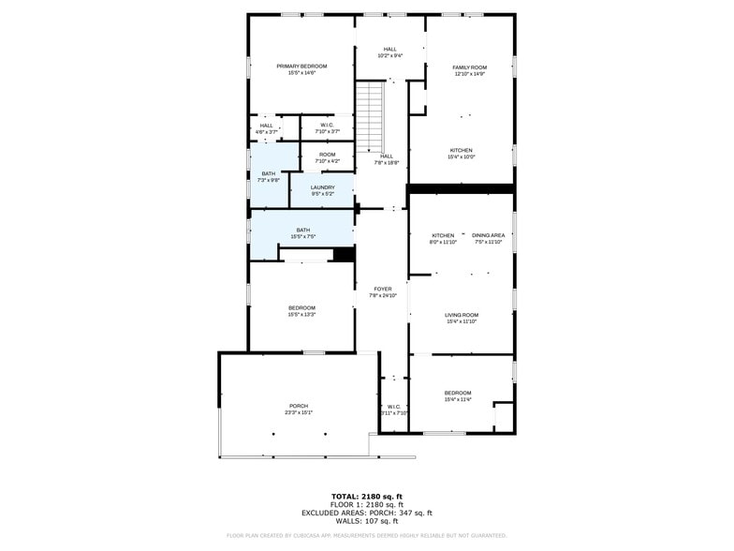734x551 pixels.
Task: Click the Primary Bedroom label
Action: (301, 66)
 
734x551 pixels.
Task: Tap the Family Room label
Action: (470, 67)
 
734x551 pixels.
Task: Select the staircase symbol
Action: (371, 116)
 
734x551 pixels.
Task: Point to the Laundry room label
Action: (322, 187)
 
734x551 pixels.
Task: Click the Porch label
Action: (298, 406)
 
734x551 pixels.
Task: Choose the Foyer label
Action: (382, 289)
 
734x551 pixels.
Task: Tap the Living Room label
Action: (461, 315)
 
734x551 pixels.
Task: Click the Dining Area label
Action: (488, 235)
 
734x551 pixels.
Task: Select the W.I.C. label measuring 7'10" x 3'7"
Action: (327, 126)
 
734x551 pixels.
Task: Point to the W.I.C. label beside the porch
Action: (393, 407)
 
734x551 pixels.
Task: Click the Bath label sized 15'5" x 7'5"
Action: (302, 230)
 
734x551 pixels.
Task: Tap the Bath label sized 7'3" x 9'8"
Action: (269, 173)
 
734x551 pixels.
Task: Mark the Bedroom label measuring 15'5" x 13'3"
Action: (301, 307)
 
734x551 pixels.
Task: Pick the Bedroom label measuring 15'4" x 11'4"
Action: (457, 393)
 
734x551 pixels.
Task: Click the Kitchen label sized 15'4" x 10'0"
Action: (461, 150)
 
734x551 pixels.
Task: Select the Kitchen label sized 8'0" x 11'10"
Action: (443, 235)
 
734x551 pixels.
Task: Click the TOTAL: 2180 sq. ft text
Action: (366, 496)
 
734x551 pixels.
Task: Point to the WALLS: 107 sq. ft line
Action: (366, 521)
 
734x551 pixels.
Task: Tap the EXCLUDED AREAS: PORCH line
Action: (366, 513)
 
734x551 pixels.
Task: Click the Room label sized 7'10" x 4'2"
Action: (327, 155)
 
